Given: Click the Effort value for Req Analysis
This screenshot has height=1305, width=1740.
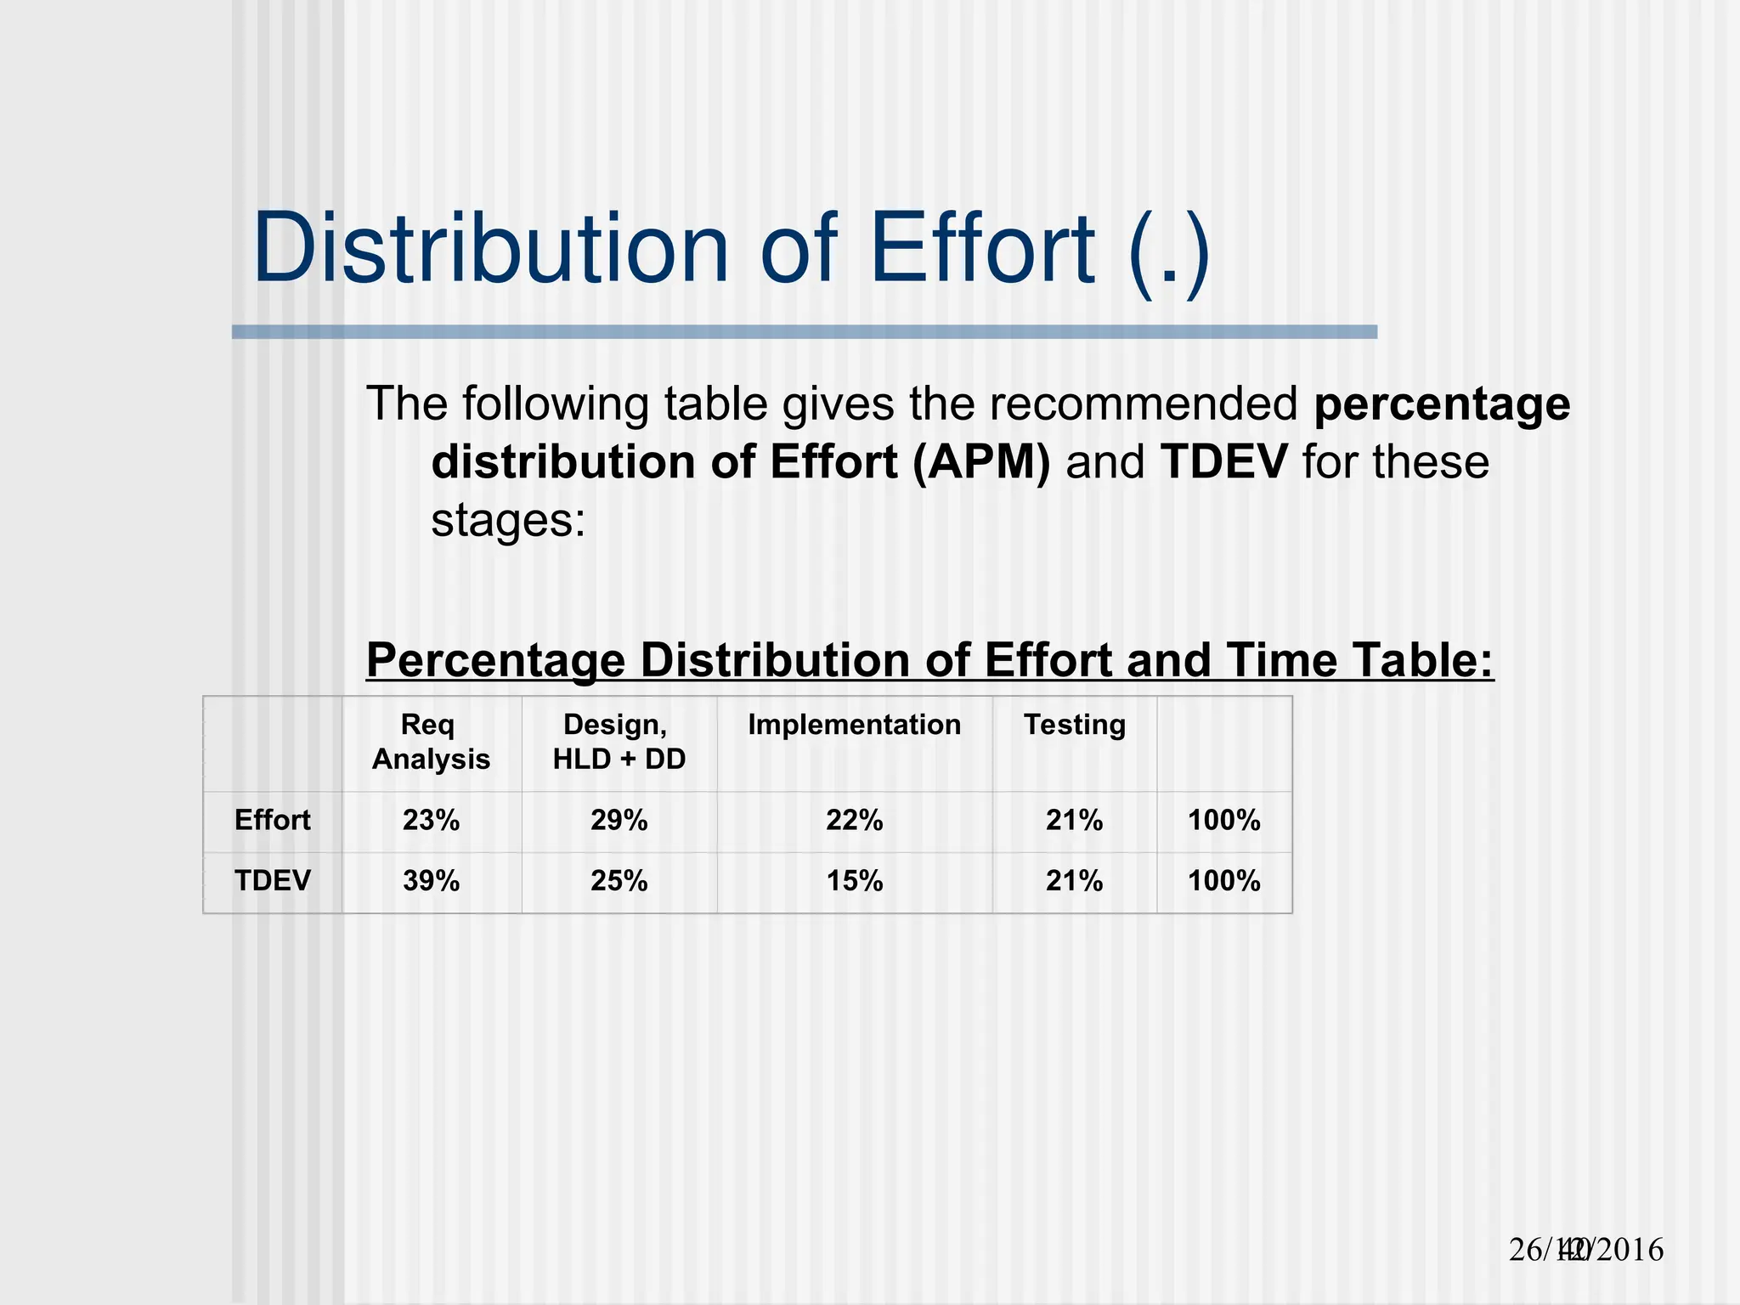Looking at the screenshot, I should pyautogui.click(x=431, y=821).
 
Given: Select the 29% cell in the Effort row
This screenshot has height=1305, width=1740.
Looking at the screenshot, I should pyautogui.click(x=619, y=821).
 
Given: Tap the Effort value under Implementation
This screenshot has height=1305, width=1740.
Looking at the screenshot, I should pyautogui.click(x=854, y=821).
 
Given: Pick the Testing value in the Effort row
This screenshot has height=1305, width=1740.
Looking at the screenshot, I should pyautogui.click(x=1074, y=821).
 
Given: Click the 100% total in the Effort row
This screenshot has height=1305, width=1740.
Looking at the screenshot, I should pyautogui.click(x=1223, y=821).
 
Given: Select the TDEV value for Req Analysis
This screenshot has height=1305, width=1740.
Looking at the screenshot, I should pyautogui.click(x=431, y=881).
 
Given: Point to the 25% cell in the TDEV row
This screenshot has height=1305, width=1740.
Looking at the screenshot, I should pyautogui.click(x=619, y=881).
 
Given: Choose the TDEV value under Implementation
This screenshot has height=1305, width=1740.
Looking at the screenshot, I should pyautogui.click(x=854, y=881).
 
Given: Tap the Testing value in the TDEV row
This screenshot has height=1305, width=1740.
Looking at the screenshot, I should pyautogui.click(x=1074, y=881).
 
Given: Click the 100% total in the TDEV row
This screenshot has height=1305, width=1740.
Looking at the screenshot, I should pyautogui.click(x=1223, y=881).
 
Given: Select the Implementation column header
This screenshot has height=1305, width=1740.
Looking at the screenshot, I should pyautogui.click(x=854, y=725).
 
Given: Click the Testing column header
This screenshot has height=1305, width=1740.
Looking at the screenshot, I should pyautogui.click(x=1074, y=725).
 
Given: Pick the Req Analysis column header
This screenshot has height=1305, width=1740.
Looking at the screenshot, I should pyautogui.click(x=431, y=742).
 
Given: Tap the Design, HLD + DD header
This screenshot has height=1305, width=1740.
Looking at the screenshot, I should pyautogui.click(x=619, y=742).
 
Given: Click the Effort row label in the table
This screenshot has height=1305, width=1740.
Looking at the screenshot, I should pyautogui.click(x=272, y=821).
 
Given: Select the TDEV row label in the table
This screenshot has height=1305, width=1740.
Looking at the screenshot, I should pyautogui.click(x=272, y=881).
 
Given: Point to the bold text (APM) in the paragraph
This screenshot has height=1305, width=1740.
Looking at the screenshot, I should pyautogui.click(x=981, y=462).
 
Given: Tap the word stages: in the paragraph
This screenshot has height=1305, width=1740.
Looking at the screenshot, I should pyautogui.click(x=508, y=520).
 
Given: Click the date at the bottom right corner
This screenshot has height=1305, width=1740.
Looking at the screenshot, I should pyautogui.click(x=1585, y=1250).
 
